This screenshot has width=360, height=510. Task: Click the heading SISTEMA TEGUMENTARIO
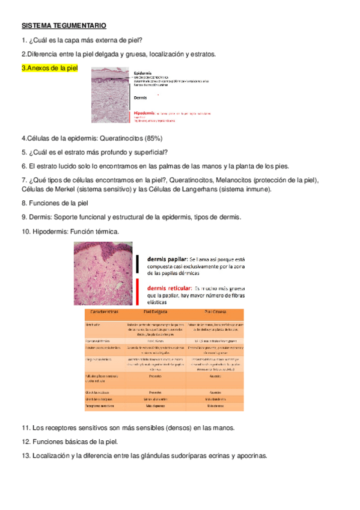pyautogui.click(x=64, y=26)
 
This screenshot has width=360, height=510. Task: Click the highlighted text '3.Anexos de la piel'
pyautogui.click(x=49, y=68)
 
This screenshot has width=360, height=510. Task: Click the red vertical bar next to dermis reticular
pyautogui.click(x=138, y=292)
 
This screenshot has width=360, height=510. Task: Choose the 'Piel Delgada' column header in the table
pyautogui.click(x=155, y=313)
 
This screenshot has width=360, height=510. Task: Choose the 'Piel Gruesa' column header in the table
pyautogui.click(x=214, y=313)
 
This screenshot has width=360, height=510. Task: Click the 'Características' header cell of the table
pyautogui.click(x=103, y=313)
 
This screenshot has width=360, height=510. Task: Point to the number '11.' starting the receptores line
pyautogui.click(x=26, y=428)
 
